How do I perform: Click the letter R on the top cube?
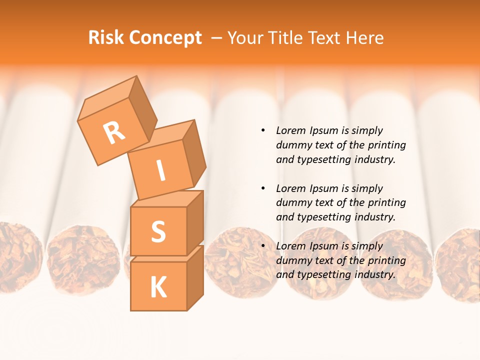114,132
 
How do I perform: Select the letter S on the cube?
158,231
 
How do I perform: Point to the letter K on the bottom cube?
158,287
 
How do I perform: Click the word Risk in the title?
105,37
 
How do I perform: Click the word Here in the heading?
364,37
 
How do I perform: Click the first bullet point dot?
263,130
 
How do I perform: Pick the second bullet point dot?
263,188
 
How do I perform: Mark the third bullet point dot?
263,246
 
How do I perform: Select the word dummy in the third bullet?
293,260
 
